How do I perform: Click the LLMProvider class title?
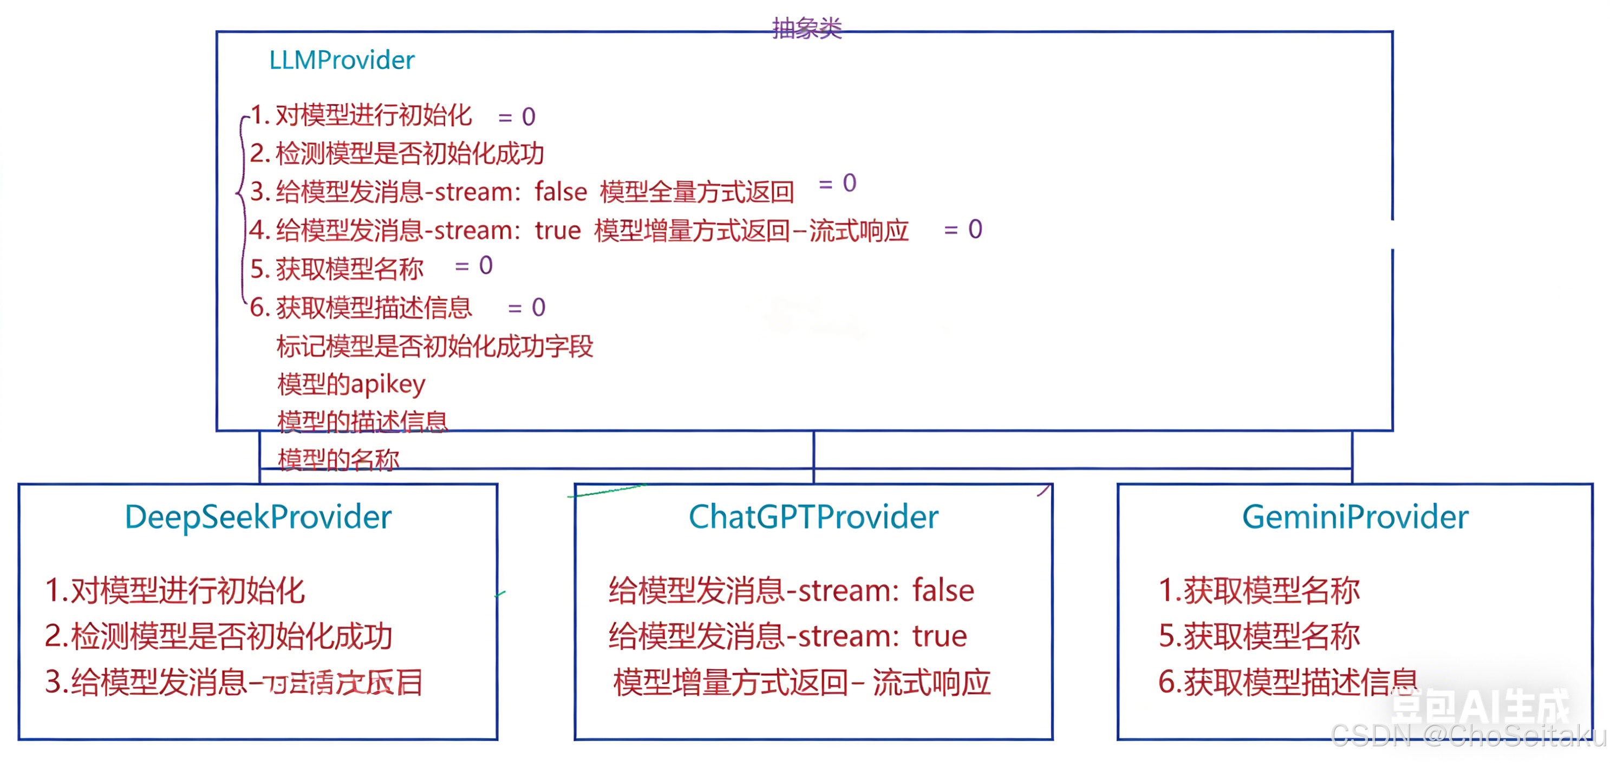[x=341, y=61]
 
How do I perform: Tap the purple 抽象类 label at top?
[x=806, y=28]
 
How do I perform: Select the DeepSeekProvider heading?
[x=258, y=517]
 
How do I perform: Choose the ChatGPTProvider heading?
[x=813, y=517]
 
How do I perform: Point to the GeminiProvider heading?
[x=1355, y=517]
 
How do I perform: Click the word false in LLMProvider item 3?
[x=560, y=192]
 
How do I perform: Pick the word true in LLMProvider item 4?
[x=557, y=231]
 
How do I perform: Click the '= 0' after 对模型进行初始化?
[x=517, y=117]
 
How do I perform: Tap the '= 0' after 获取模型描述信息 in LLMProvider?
[x=526, y=308]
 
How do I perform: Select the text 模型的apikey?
[x=351, y=384]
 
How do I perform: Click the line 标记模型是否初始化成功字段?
[x=435, y=346]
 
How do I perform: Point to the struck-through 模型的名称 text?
[x=338, y=460]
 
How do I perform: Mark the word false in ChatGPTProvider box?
[x=943, y=591]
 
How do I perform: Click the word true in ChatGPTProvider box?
[x=940, y=636]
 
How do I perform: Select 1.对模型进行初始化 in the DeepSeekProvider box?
[x=175, y=591]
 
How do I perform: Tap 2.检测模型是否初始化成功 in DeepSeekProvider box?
[x=219, y=636]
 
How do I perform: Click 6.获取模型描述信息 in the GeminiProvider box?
[x=1287, y=682]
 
